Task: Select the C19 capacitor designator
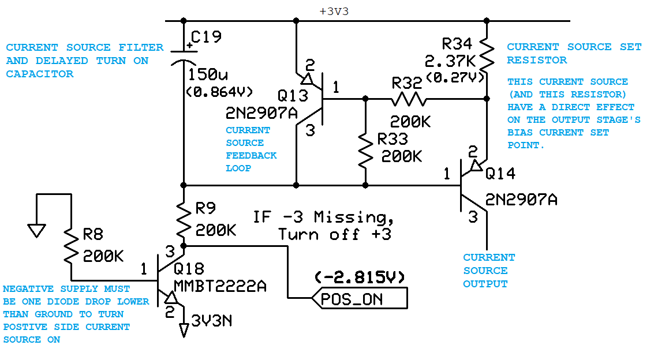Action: tap(206, 37)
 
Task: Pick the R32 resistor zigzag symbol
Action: tap(409, 99)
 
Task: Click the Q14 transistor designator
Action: tap(500, 173)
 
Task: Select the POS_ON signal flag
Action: tap(358, 299)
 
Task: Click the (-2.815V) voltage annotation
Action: tap(360, 277)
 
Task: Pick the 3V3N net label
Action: tap(212, 321)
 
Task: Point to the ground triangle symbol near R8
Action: tap(36, 231)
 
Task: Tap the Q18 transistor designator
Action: tap(188, 269)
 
